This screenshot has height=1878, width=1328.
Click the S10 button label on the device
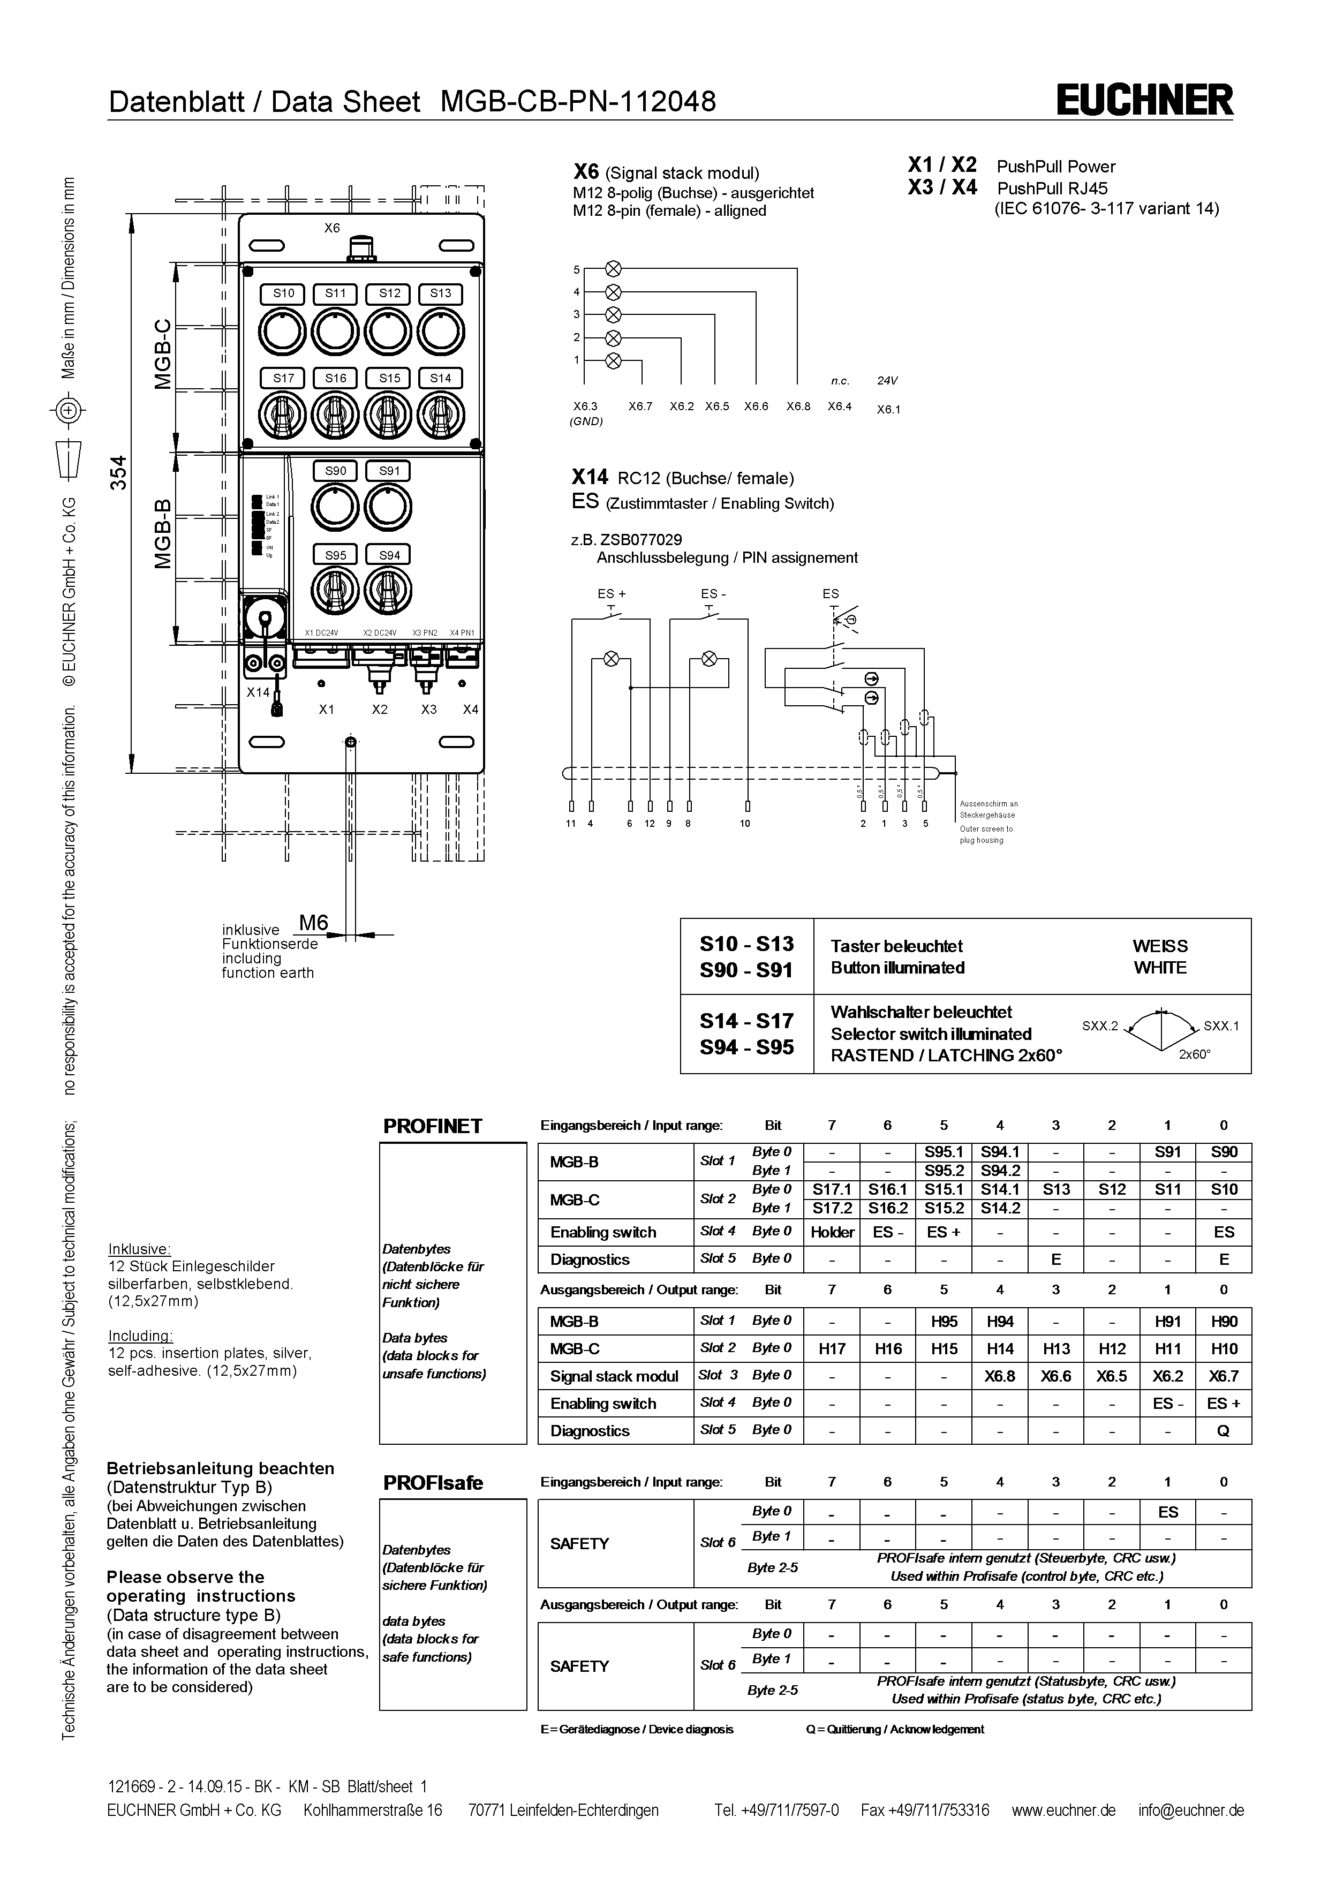pyautogui.click(x=283, y=293)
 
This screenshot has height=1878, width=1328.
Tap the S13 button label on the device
pyautogui.click(x=440, y=293)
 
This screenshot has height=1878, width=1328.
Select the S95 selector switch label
pyautogui.click(x=335, y=555)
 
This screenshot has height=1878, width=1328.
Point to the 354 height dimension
pyautogui.click(x=119, y=473)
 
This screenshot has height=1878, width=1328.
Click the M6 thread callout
pyautogui.click(x=313, y=923)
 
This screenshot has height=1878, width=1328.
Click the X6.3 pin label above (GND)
pyautogui.click(x=585, y=406)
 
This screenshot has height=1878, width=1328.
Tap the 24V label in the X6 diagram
pyautogui.click(x=887, y=380)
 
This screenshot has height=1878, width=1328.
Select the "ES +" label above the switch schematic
pyautogui.click(x=611, y=594)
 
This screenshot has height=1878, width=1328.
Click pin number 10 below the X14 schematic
pyautogui.click(x=745, y=824)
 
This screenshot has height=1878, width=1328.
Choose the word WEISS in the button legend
pyautogui.click(x=1159, y=946)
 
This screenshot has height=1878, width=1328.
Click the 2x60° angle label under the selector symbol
pyautogui.click(x=1194, y=1054)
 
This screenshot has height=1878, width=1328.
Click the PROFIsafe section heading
pyautogui.click(x=433, y=1483)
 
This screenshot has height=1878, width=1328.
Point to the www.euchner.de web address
pyautogui.click(x=1063, y=1810)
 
